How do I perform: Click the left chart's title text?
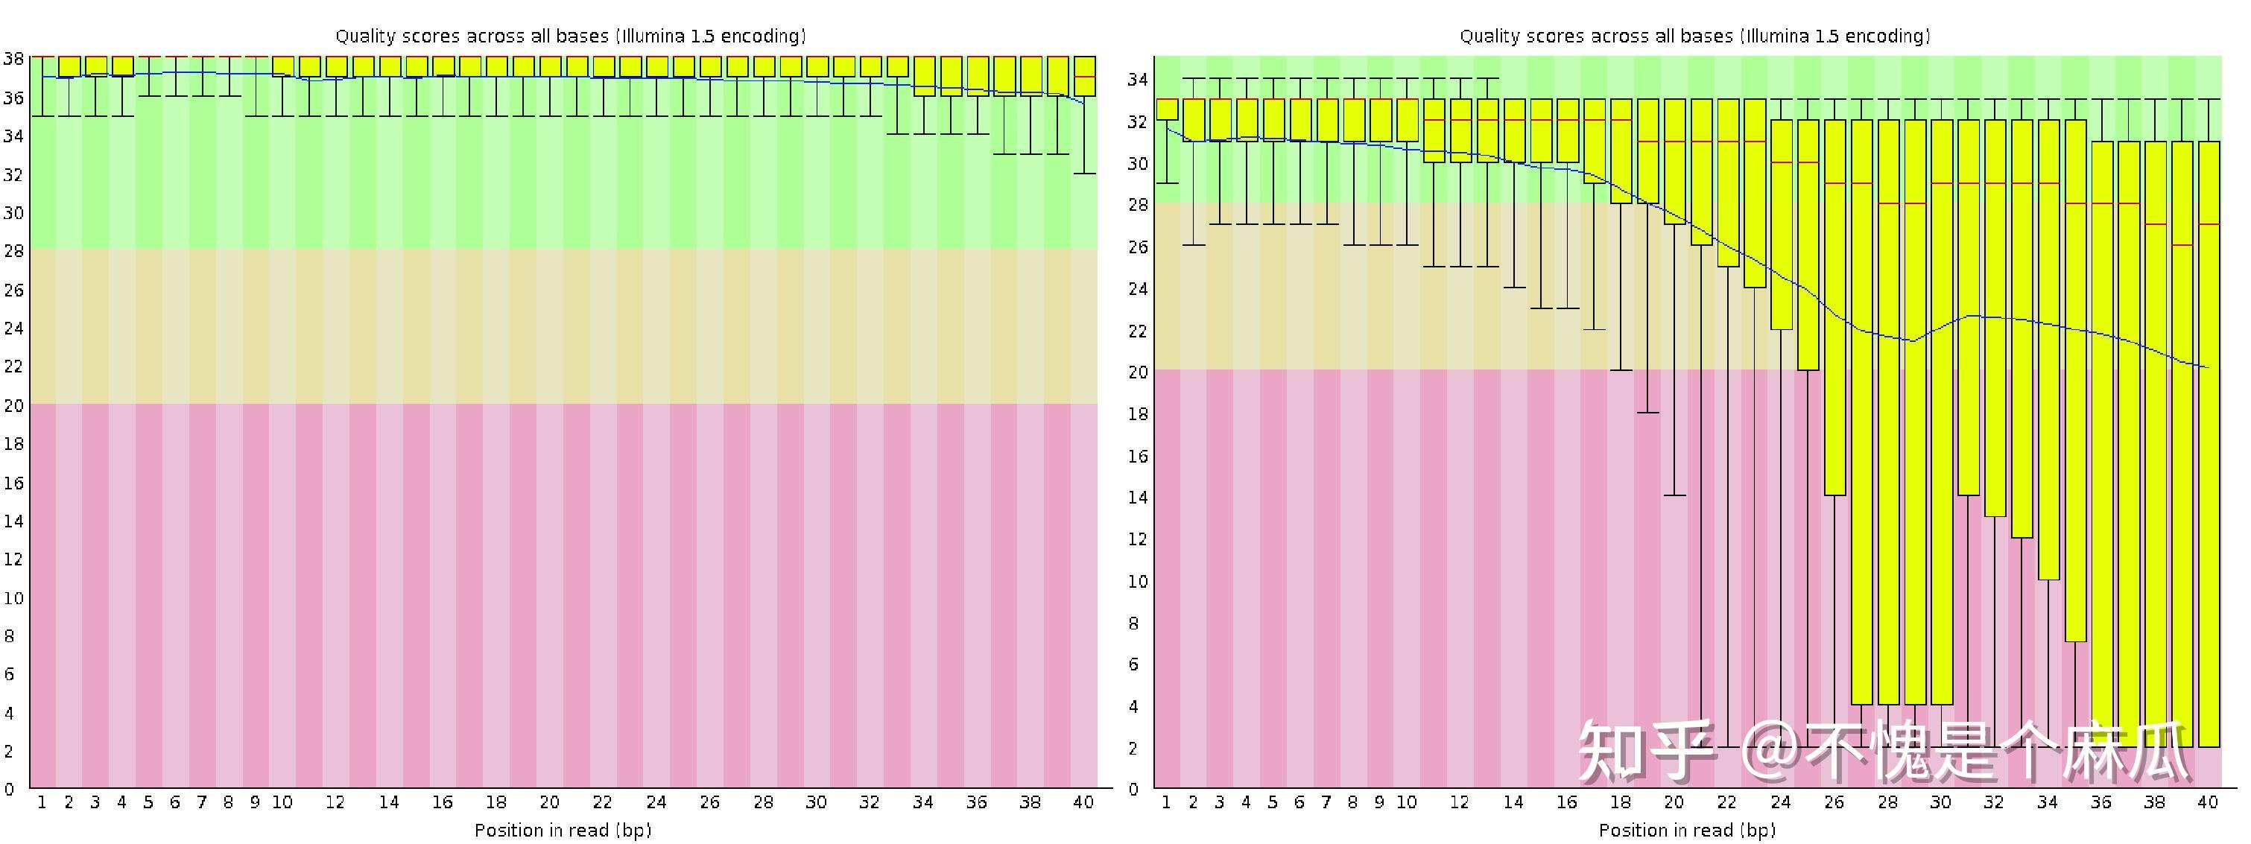(571, 36)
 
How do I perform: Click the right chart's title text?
(1694, 36)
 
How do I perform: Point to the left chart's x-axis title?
(563, 829)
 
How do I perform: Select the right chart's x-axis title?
(1686, 829)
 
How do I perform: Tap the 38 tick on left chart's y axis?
(13, 59)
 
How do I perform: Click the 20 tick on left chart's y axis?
(13, 404)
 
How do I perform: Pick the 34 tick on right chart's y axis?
(1137, 80)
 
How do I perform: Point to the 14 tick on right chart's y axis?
(1137, 497)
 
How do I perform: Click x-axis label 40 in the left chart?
(1083, 802)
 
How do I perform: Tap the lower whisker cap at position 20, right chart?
(1674, 495)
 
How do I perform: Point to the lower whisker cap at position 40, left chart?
(1084, 173)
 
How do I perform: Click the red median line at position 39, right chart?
(2182, 244)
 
